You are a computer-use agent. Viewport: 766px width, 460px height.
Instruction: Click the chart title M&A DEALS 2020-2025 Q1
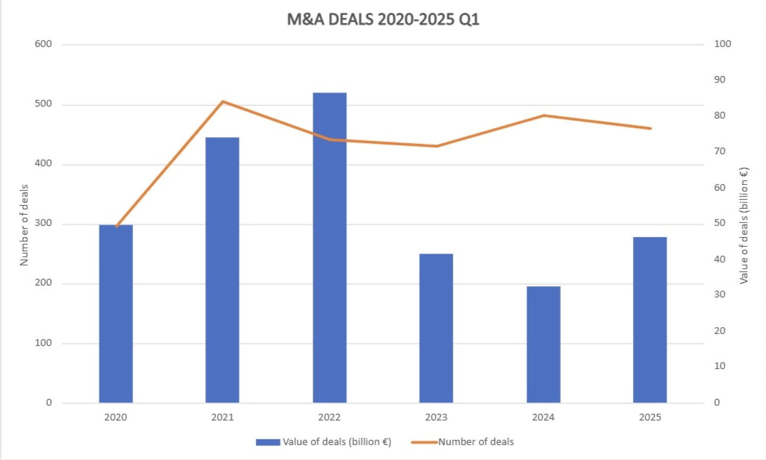click(383, 19)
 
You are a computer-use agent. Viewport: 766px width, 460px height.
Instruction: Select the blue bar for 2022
click(329, 247)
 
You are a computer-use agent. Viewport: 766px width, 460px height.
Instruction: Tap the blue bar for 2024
click(543, 344)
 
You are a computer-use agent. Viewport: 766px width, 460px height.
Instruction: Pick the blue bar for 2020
click(115, 314)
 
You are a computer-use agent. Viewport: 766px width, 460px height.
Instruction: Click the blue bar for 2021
click(222, 270)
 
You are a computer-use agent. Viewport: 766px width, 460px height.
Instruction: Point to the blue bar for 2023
click(436, 328)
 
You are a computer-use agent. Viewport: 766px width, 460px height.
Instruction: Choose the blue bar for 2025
click(650, 320)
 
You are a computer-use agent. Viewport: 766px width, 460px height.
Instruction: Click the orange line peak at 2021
click(222, 101)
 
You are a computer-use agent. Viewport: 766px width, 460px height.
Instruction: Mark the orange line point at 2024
click(544, 115)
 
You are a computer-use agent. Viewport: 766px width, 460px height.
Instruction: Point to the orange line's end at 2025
click(650, 128)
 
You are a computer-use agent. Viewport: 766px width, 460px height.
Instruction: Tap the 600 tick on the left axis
click(43, 44)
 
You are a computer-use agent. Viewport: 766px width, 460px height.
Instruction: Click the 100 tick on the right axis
click(722, 44)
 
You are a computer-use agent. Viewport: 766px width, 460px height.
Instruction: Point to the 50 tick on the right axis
click(719, 223)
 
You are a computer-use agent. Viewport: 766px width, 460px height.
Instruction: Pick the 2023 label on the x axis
click(436, 417)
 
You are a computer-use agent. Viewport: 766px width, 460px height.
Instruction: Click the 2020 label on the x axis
click(115, 417)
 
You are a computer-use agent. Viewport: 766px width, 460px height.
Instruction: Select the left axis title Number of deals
click(24, 225)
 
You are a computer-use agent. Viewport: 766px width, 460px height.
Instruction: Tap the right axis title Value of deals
click(744, 225)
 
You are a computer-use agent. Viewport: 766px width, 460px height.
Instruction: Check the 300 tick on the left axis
click(43, 223)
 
